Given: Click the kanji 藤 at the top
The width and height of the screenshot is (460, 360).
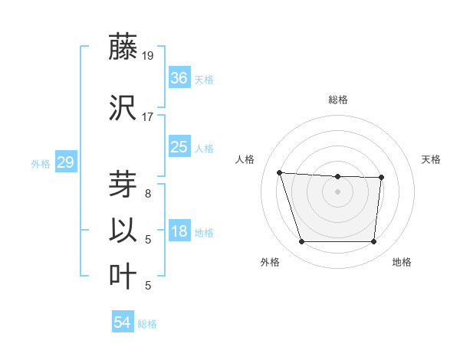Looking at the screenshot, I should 123,47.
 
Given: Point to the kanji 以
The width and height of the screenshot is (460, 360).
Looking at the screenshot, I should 123,231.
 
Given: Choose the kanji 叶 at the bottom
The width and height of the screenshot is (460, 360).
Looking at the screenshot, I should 123,277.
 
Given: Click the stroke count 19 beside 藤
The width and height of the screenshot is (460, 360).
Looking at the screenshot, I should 147,56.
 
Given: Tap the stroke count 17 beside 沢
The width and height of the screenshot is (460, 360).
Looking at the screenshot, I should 147,117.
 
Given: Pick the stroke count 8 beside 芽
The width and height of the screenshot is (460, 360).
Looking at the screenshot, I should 147,194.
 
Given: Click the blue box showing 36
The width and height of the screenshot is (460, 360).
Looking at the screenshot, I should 179,78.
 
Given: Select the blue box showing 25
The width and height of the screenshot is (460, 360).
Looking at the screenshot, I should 179,147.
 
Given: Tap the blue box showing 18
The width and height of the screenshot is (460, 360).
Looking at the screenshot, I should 179,231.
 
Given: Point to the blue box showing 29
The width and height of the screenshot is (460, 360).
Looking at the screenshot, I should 65,162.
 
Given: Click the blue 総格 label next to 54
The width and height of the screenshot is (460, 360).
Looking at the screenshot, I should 147,324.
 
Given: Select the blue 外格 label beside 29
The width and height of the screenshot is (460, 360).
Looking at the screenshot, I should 41,163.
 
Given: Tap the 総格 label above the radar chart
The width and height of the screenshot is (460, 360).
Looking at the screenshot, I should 337,100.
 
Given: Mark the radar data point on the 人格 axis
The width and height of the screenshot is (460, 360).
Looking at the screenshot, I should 280,172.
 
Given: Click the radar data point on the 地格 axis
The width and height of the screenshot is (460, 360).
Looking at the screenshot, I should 373,242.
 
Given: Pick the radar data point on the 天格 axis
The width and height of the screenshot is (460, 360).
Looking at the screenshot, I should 381,178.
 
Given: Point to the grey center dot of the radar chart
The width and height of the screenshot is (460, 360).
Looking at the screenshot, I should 337,191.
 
